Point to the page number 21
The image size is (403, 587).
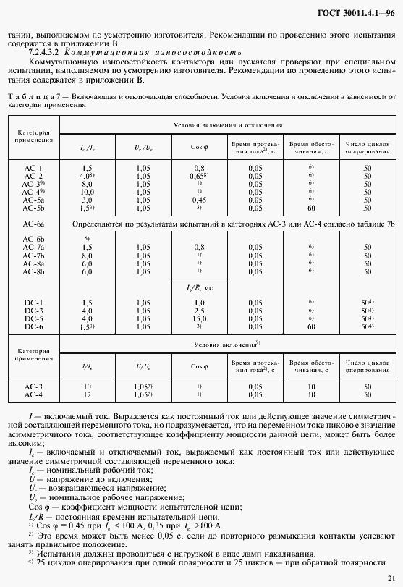tap(391, 578)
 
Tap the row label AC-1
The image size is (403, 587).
tap(33, 168)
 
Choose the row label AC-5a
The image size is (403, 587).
tap(33, 200)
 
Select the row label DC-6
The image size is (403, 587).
tap(33, 326)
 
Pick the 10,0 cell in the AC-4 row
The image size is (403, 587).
tap(88, 192)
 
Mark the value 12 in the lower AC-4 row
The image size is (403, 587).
tap(88, 395)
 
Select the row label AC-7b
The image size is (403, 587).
tap(33, 256)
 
